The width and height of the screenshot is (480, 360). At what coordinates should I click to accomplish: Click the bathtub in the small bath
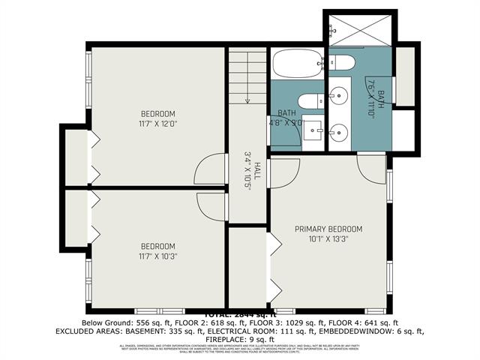pyautogui.click(x=298, y=64)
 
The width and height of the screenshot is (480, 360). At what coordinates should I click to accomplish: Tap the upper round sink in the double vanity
pyautogui.click(x=338, y=96)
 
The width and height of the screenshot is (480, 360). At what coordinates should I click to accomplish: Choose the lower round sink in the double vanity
pyautogui.click(x=338, y=131)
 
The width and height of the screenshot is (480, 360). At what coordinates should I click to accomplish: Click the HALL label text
pyautogui.click(x=256, y=170)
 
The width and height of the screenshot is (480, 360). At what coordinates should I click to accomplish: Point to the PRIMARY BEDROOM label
pyautogui.click(x=328, y=229)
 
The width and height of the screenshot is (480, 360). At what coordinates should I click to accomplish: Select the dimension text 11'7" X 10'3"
pyautogui.click(x=158, y=256)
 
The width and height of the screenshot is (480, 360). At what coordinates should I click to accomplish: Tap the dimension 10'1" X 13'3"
pyautogui.click(x=328, y=240)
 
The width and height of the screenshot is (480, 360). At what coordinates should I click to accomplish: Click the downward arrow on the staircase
pyautogui.click(x=247, y=98)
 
